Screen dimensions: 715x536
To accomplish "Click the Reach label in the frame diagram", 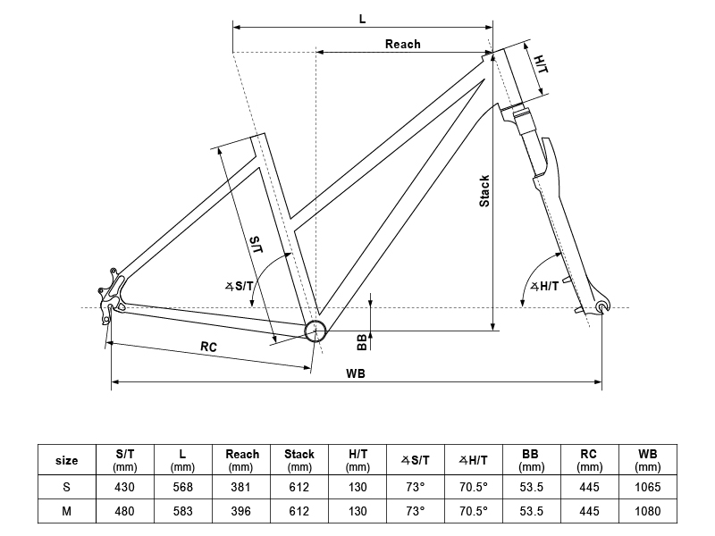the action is pos(403,44).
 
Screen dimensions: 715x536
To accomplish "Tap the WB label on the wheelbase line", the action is pos(355,373).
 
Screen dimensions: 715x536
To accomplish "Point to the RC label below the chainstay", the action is pos(208,347).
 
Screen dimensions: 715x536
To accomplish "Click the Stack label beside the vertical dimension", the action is pos(484,191).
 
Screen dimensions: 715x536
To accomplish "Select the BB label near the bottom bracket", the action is pos(362,342).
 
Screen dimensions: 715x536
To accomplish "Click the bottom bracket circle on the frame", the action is pos(315,331).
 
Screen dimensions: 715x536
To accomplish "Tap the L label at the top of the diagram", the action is pos(363,19).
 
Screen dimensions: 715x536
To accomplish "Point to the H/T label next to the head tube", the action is pos(542,64).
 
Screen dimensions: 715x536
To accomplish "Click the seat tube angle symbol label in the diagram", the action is pos(240,286).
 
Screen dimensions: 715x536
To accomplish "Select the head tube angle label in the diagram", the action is pos(544,286).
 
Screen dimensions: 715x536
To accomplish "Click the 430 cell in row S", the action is pos(124,487).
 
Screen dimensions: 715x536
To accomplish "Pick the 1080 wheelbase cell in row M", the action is pos(647,511).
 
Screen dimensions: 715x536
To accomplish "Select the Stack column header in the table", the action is pos(299,460).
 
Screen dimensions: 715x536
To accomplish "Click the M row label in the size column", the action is pos(66,511).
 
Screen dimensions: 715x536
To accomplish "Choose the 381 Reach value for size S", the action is pos(240,487).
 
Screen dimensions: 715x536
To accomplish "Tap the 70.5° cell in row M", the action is pos(474,511).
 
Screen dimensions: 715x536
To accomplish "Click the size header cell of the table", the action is pos(66,460).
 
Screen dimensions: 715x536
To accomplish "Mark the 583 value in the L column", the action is pos(183,511).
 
